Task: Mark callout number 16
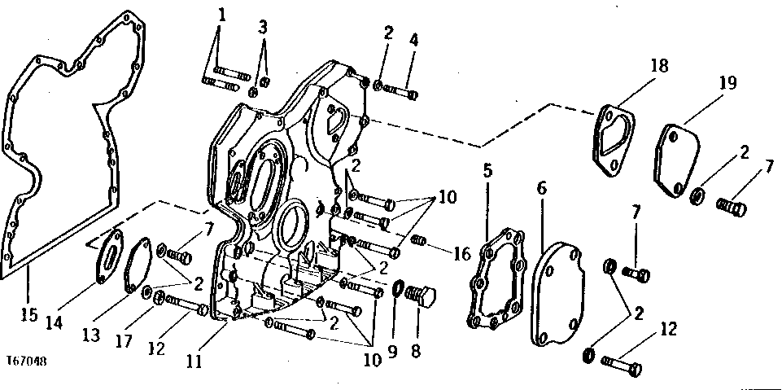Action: tap(462, 254)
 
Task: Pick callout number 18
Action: tap(659, 65)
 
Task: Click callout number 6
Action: tap(542, 189)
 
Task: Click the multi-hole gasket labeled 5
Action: tap(496, 278)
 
